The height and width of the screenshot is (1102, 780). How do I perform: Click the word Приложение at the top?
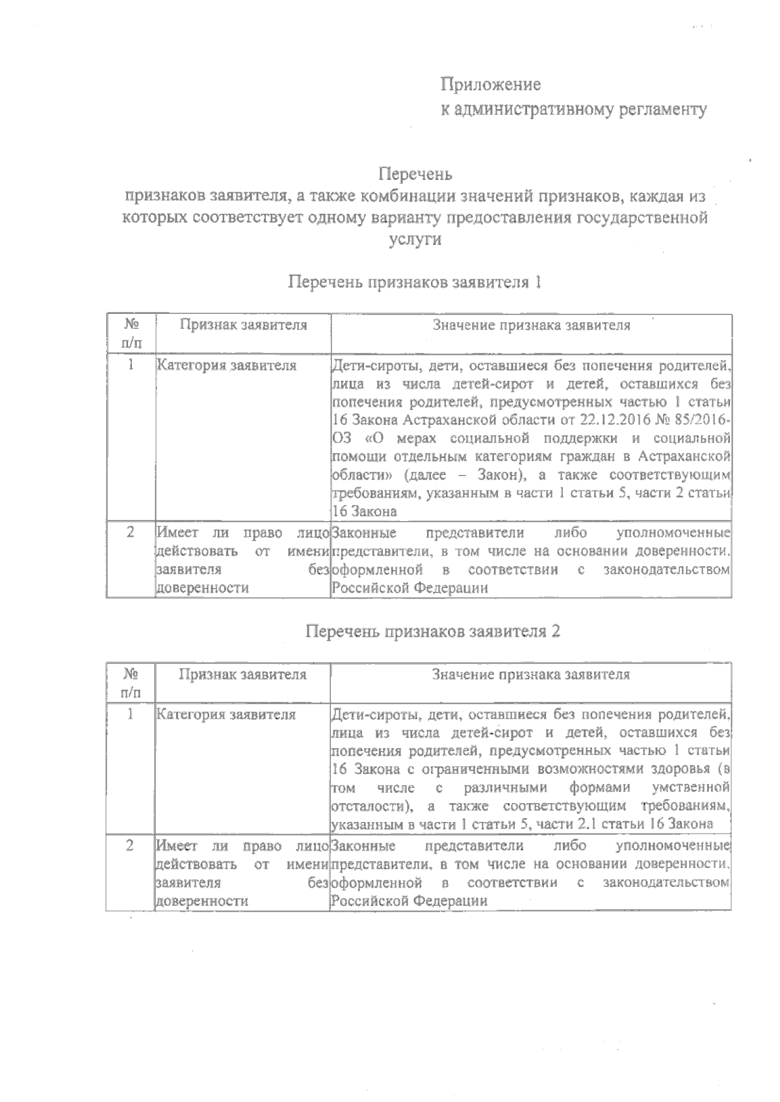[491, 84]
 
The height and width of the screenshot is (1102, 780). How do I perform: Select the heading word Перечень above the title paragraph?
[415, 174]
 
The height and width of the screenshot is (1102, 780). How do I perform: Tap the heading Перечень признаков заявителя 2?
[433, 632]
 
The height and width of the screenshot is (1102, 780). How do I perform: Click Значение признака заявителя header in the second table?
[531, 674]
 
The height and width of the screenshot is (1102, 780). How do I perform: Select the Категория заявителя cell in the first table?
[227, 366]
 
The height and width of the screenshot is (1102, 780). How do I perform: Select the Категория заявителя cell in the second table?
[227, 715]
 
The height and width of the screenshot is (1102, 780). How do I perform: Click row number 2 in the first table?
[131, 533]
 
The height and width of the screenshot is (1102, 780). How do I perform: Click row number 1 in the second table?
[131, 715]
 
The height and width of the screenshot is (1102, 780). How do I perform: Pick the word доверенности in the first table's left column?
[202, 588]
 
